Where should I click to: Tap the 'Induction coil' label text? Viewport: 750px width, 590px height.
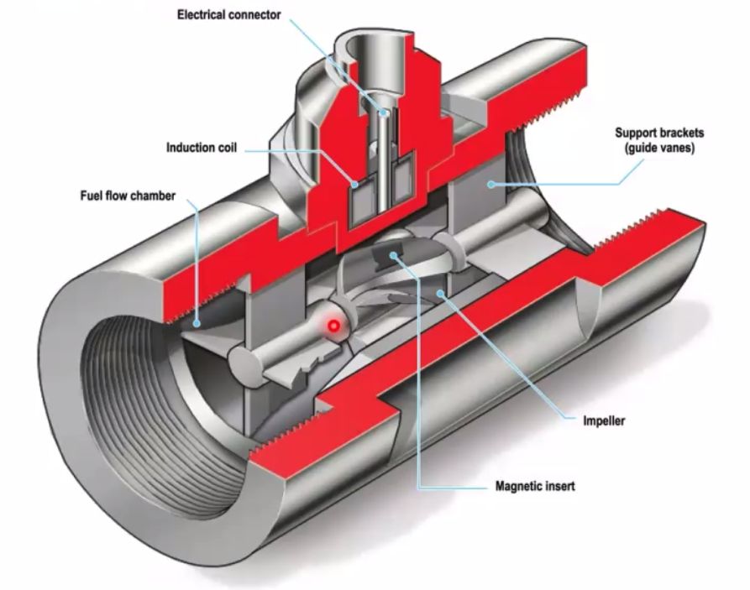pyautogui.click(x=202, y=148)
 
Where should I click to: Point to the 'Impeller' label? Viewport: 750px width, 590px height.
pyautogui.click(x=604, y=420)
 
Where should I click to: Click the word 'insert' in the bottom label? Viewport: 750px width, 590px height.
pyautogui.click(x=559, y=486)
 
